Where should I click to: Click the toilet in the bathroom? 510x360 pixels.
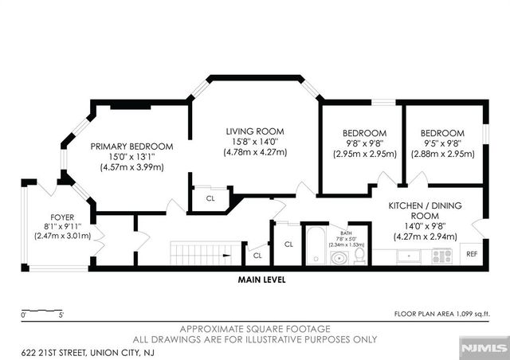click(359, 255)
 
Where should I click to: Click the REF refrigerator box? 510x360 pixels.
click(471, 255)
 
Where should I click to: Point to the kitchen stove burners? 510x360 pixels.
click(441, 256)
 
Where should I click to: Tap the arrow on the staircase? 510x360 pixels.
click(227, 256)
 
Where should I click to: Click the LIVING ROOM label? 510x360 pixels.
click(254, 131)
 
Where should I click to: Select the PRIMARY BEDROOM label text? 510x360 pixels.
click(131, 146)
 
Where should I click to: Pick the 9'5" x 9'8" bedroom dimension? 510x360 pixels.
click(442, 143)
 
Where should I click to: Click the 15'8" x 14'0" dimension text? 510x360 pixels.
click(254, 142)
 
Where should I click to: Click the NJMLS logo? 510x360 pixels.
click(485, 348)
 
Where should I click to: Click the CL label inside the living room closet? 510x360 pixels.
click(210, 198)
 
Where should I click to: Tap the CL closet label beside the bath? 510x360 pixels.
click(288, 244)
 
